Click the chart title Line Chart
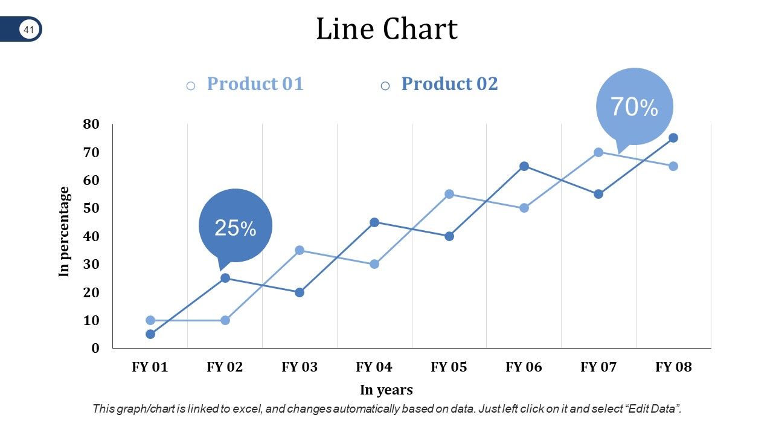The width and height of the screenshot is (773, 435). [x=386, y=29]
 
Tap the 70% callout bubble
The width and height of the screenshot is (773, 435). [x=634, y=107]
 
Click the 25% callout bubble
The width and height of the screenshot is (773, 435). [x=236, y=227]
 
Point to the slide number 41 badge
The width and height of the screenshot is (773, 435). [x=28, y=29]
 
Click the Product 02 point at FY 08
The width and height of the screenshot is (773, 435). [x=673, y=138]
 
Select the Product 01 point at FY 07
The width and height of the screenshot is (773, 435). [x=598, y=152]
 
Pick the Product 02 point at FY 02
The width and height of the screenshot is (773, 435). [x=225, y=278]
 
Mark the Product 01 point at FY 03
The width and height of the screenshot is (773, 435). [x=300, y=250]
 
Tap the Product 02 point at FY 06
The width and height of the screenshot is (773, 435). [x=524, y=166]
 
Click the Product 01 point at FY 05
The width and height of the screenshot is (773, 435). [x=449, y=194]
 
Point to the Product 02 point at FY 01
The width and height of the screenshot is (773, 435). [x=150, y=334]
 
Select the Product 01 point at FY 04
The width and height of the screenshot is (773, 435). [x=374, y=264]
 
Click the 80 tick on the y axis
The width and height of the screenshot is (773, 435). [x=91, y=124]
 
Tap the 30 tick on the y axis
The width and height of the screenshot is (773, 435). [x=91, y=264]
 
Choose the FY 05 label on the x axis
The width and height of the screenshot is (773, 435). [x=449, y=367]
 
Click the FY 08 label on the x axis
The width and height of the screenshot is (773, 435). [x=673, y=367]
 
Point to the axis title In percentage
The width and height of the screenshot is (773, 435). [x=65, y=232]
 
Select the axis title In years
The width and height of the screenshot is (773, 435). [x=386, y=390]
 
